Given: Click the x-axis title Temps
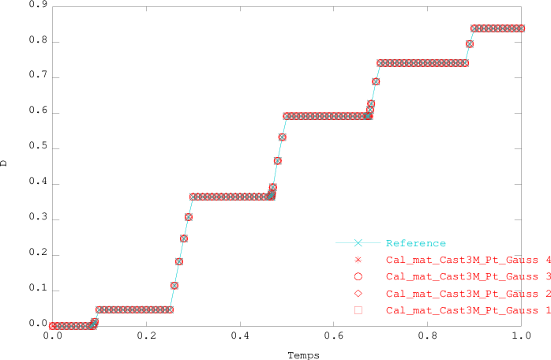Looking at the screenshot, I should point(303,355).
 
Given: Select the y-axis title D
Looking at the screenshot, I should point(5,163).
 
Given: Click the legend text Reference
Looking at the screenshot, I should point(416,243).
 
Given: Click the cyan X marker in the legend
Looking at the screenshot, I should point(358,243).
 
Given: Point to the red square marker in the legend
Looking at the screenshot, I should point(358,311).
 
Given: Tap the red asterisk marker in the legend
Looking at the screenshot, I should point(358,260).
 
